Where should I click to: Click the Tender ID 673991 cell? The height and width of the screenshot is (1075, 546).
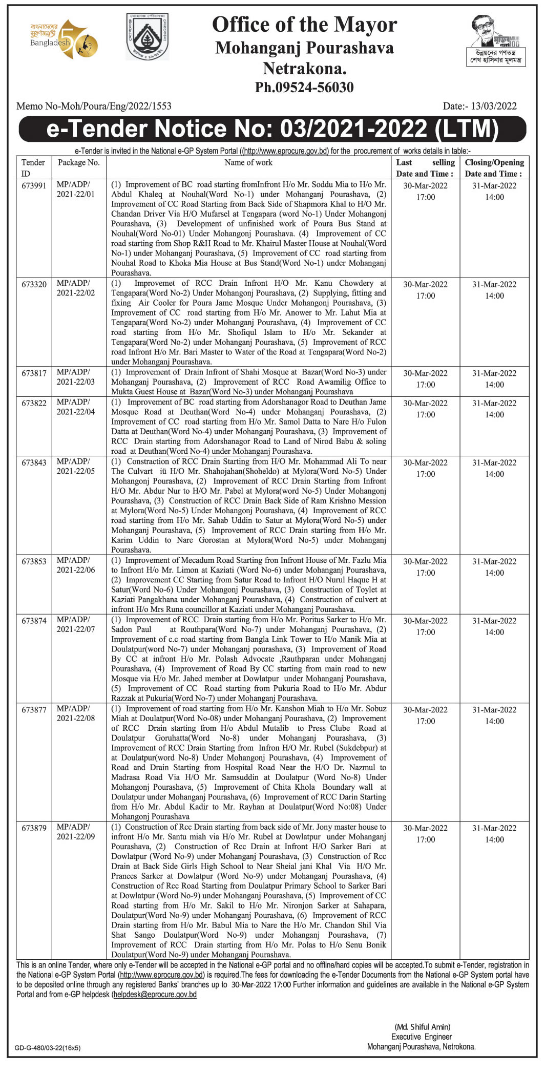[34, 185]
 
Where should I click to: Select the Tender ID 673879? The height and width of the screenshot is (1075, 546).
[34, 828]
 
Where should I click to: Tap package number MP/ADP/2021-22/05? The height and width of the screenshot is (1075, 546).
[76, 466]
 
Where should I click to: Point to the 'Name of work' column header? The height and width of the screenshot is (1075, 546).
[248, 162]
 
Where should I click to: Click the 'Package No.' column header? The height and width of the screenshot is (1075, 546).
[78, 162]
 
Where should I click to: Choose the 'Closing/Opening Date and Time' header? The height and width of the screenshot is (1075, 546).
[494, 168]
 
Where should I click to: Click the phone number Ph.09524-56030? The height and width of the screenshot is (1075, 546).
[304, 87]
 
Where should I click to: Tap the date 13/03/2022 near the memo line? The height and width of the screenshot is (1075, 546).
[494, 106]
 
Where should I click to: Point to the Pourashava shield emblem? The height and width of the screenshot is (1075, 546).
[148, 37]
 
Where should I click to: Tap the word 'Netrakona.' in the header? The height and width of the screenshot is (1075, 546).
[304, 68]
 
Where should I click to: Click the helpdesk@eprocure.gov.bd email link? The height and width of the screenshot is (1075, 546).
[155, 994]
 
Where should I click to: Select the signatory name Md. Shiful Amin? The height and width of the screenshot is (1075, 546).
[422, 1027]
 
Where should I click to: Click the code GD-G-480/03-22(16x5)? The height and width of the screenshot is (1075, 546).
[48, 1048]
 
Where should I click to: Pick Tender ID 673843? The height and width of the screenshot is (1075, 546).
[34, 462]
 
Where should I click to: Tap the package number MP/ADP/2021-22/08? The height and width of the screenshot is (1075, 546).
[76, 713]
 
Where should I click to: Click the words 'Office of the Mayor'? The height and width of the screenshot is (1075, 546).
[304, 25]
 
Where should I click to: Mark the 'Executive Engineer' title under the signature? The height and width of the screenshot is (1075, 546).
[422, 1037]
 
